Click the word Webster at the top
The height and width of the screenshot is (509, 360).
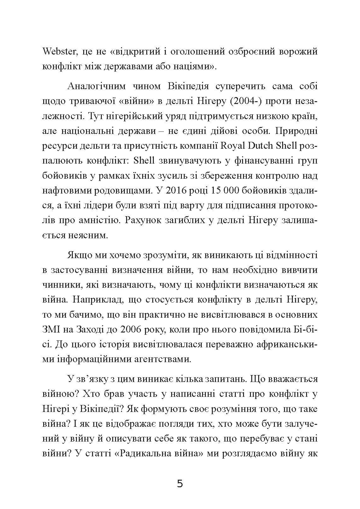pyautogui.click(x=60, y=52)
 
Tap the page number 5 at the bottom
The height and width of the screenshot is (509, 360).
pyautogui.click(x=180, y=483)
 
